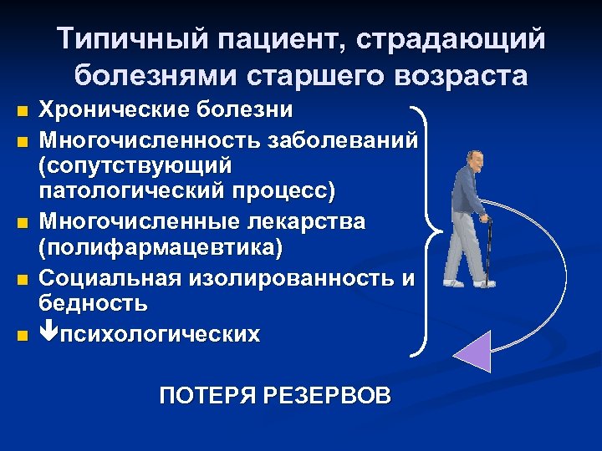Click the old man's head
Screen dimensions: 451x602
coord(474,160)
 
